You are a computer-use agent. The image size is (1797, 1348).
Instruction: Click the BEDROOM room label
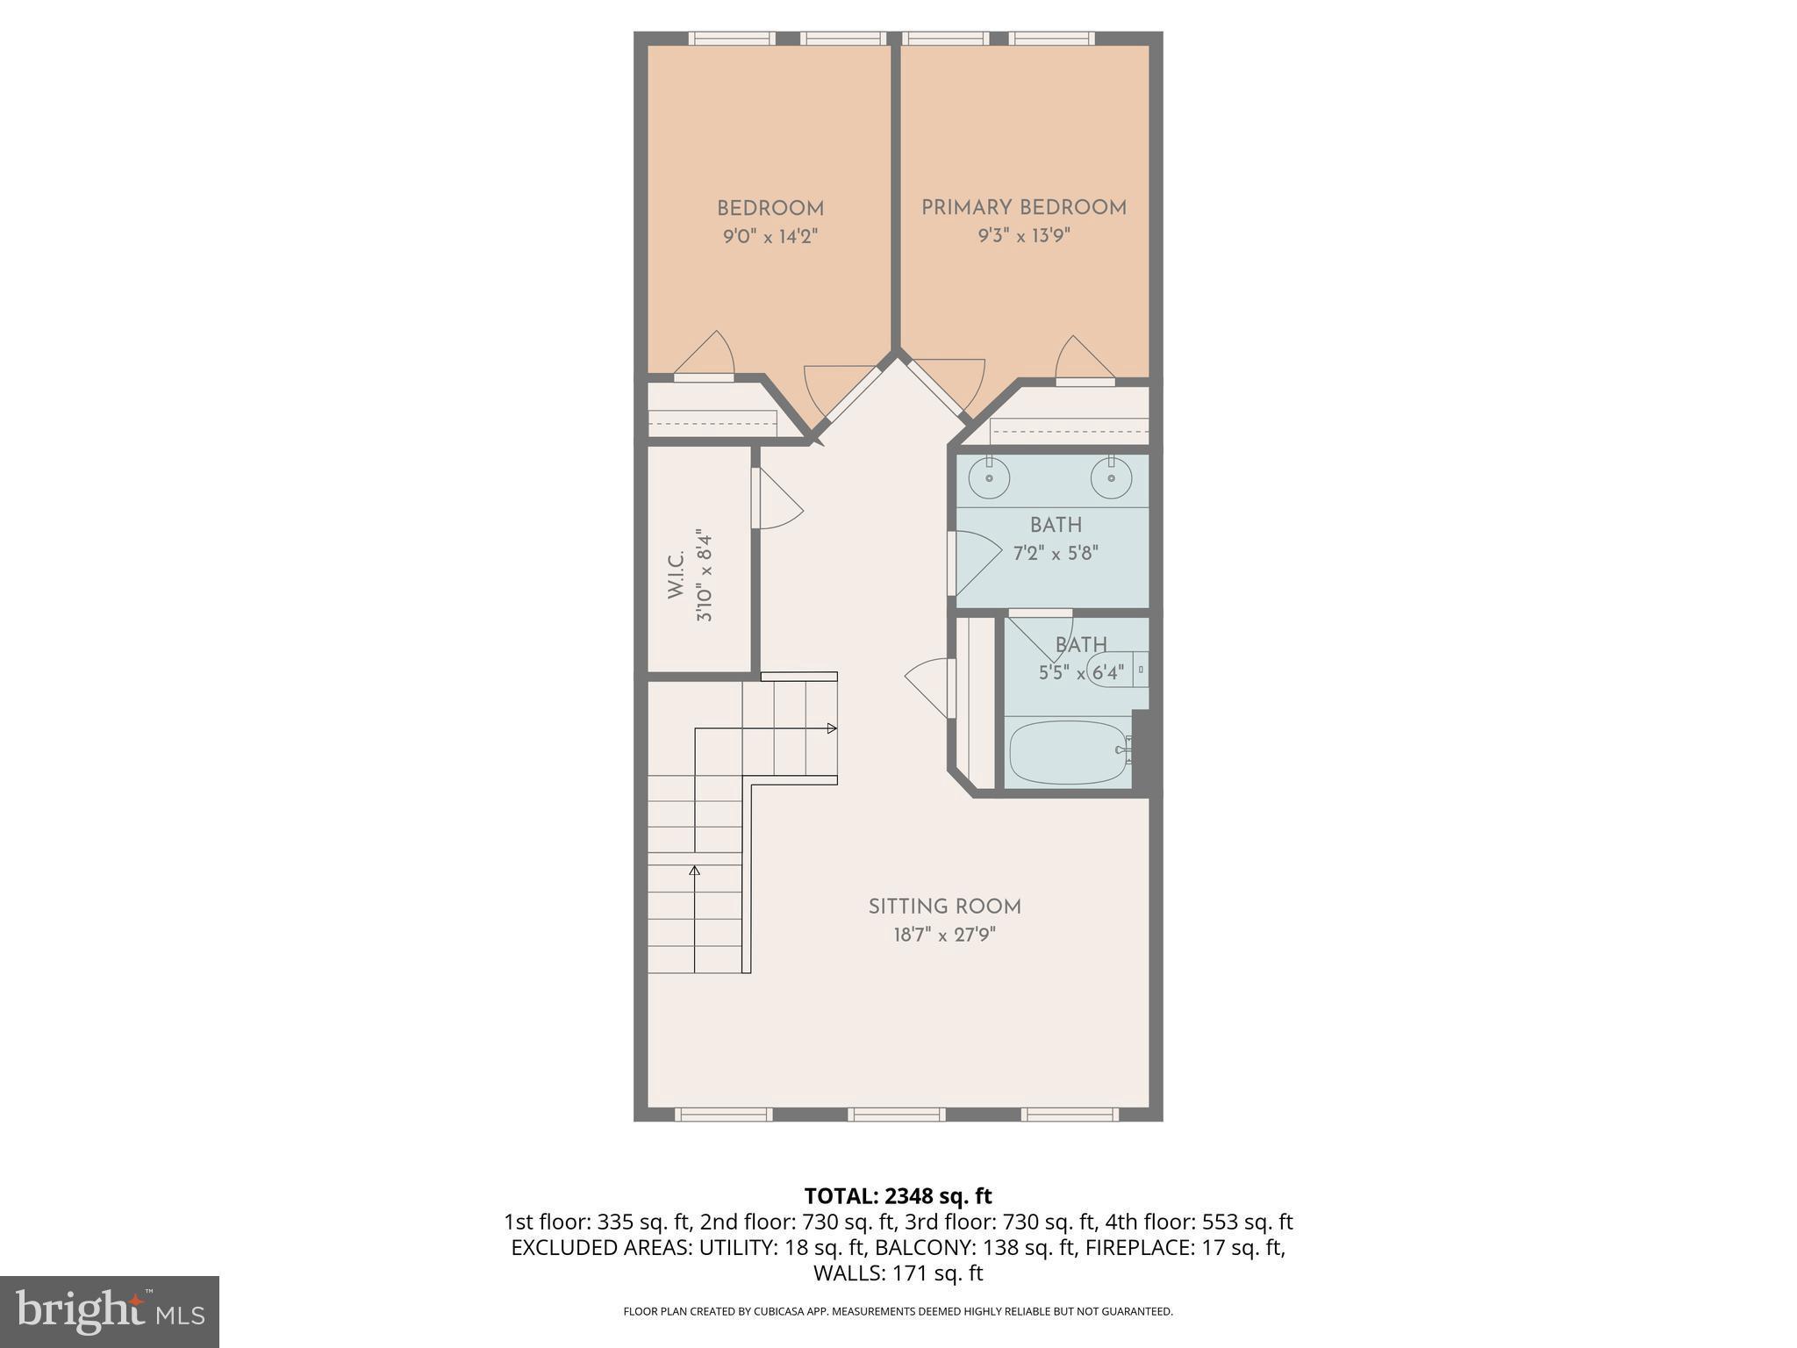point(770,209)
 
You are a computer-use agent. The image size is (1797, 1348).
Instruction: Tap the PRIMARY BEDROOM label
point(1023,208)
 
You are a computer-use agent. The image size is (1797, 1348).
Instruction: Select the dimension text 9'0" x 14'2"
point(770,237)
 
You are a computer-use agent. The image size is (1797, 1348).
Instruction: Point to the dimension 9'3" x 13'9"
point(1024,236)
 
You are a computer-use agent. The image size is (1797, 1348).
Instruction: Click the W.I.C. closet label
point(676,576)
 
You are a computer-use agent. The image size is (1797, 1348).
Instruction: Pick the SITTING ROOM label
point(944,907)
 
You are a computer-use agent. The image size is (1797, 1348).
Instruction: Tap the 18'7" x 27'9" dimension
point(944,936)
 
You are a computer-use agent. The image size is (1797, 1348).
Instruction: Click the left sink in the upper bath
point(989,479)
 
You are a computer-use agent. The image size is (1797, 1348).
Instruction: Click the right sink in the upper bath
point(1111,479)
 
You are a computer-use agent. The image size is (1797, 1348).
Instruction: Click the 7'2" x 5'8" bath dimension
point(1056,554)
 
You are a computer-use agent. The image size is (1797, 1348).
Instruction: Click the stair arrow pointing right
point(830,728)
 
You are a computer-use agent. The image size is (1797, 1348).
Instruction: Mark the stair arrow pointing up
point(695,871)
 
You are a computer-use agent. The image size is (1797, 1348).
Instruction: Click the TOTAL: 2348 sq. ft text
point(898,1196)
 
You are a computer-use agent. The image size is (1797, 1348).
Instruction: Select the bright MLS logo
point(110,1311)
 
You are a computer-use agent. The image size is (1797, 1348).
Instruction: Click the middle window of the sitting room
point(896,1115)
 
